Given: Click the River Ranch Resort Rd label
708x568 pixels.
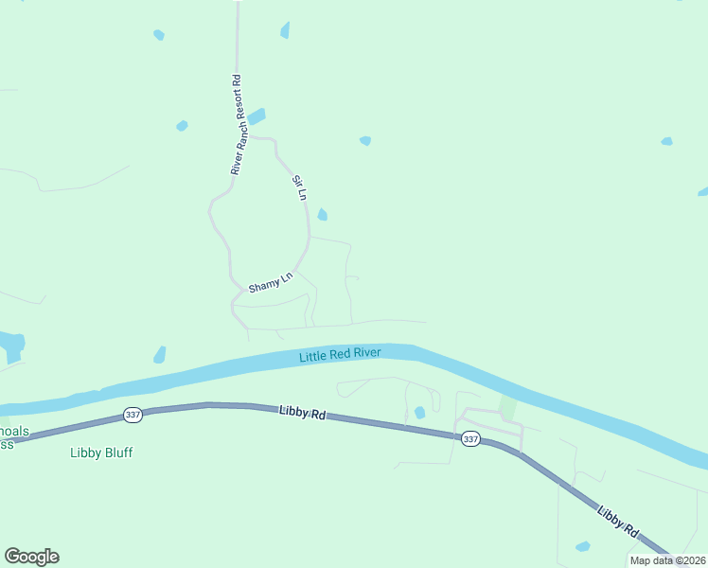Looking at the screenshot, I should [237, 125].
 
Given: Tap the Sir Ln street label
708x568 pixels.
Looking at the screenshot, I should [300, 187].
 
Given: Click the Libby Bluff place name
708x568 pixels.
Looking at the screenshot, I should [101, 453].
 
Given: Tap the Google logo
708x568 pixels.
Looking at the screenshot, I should [31, 557].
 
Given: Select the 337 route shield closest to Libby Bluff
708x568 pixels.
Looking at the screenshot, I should [132, 415].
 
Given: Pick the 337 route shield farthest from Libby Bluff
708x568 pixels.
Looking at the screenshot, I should [469, 439].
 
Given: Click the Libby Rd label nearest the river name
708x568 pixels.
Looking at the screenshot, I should [302, 413].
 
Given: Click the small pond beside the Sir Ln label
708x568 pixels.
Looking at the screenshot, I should [322, 215].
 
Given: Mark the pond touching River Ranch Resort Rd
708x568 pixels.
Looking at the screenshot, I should [256, 116].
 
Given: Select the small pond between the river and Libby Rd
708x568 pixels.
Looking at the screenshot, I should [419, 413].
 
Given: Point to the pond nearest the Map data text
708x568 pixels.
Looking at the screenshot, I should [583, 547].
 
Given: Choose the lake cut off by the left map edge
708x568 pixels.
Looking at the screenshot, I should [10, 345].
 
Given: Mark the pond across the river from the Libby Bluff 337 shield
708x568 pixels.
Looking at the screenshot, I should [159, 355].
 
